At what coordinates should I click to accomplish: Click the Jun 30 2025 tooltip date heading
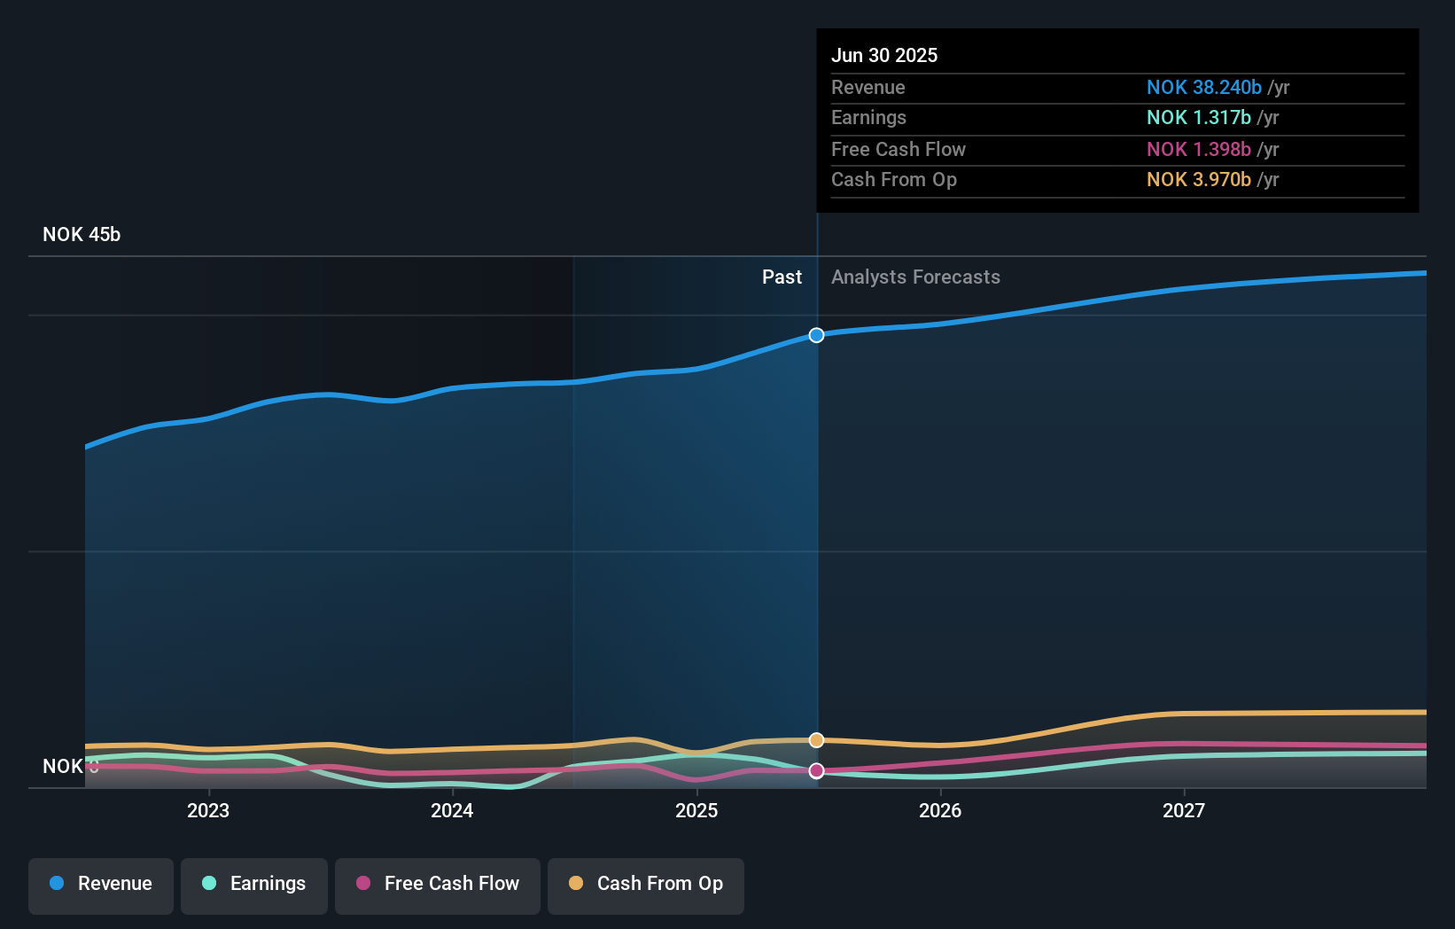pyautogui.click(x=883, y=55)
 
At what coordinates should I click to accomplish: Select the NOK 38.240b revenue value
pyautogui.click(x=1203, y=87)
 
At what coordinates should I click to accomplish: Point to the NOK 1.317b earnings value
pyautogui.click(x=1198, y=118)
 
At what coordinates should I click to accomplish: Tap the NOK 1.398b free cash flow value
pyautogui.click(x=1198, y=149)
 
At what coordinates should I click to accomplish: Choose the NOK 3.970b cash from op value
pyautogui.click(x=1198, y=180)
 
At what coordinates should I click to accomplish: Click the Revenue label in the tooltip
pyautogui.click(x=868, y=87)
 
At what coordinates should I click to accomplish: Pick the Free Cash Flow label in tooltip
pyautogui.click(x=898, y=149)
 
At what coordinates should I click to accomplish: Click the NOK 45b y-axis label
pyautogui.click(x=82, y=234)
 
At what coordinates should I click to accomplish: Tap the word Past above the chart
pyautogui.click(x=782, y=277)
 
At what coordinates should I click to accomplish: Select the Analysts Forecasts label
pyautogui.click(x=915, y=277)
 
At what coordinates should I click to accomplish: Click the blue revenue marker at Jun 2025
pyautogui.click(x=816, y=335)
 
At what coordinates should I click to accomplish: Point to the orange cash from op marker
pyautogui.click(x=816, y=740)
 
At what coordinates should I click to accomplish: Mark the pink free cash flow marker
pyautogui.click(x=816, y=771)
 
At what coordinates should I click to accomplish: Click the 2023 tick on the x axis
pyautogui.click(x=208, y=810)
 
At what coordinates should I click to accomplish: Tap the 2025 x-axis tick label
pyautogui.click(x=696, y=810)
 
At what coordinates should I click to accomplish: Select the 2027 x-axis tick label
pyautogui.click(x=1184, y=810)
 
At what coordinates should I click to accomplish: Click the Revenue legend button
pyautogui.click(x=101, y=884)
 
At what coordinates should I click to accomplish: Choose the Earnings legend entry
pyautogui.click(x=254, y=884)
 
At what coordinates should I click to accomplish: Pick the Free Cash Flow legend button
pyautogui.click(x=438, y=884)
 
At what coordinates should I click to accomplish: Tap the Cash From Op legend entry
pyautogui.click(x=646, y=884)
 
